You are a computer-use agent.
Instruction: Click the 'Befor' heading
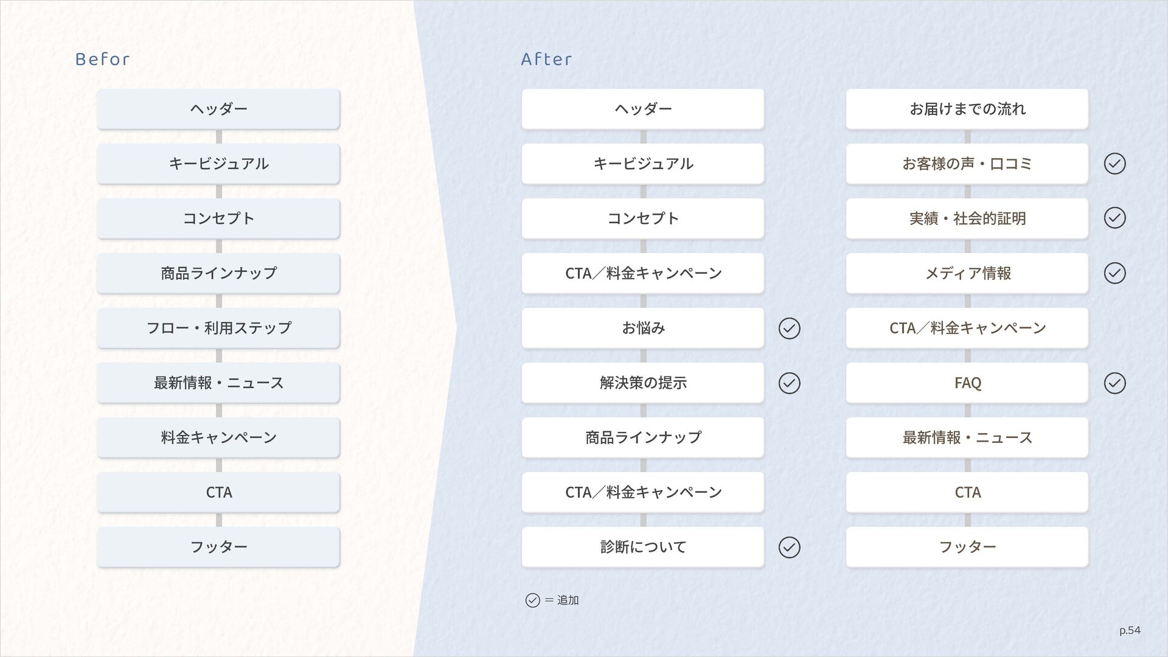(102, 59)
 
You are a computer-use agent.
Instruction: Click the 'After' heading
(546, 59)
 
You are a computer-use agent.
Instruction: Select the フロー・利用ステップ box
(218, 328)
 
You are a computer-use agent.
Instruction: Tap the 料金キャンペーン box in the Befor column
(218, 437)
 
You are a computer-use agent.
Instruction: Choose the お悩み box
(642, 328)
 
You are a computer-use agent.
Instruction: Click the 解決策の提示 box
(642, 383)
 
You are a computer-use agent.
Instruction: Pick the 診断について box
(642, 547)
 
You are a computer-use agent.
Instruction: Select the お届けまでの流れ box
(967, 109)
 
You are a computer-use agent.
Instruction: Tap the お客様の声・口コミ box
(967, 164)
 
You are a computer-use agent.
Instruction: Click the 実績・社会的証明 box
(967, 218)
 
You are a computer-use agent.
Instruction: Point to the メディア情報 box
(967, 273)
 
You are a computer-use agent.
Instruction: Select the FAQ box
(967, 383)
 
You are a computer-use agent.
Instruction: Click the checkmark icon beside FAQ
(1114, 383)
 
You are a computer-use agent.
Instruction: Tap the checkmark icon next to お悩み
(789, 328)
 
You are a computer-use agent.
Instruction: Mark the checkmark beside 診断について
(789, 547)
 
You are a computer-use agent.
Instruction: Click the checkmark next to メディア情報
(1114, 273)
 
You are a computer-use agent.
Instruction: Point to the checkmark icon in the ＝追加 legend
(532, 600)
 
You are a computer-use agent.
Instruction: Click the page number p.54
(1130, 630)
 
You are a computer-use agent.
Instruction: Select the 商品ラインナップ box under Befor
(218, 273)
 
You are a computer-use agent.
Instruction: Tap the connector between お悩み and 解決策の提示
(643, 355)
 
